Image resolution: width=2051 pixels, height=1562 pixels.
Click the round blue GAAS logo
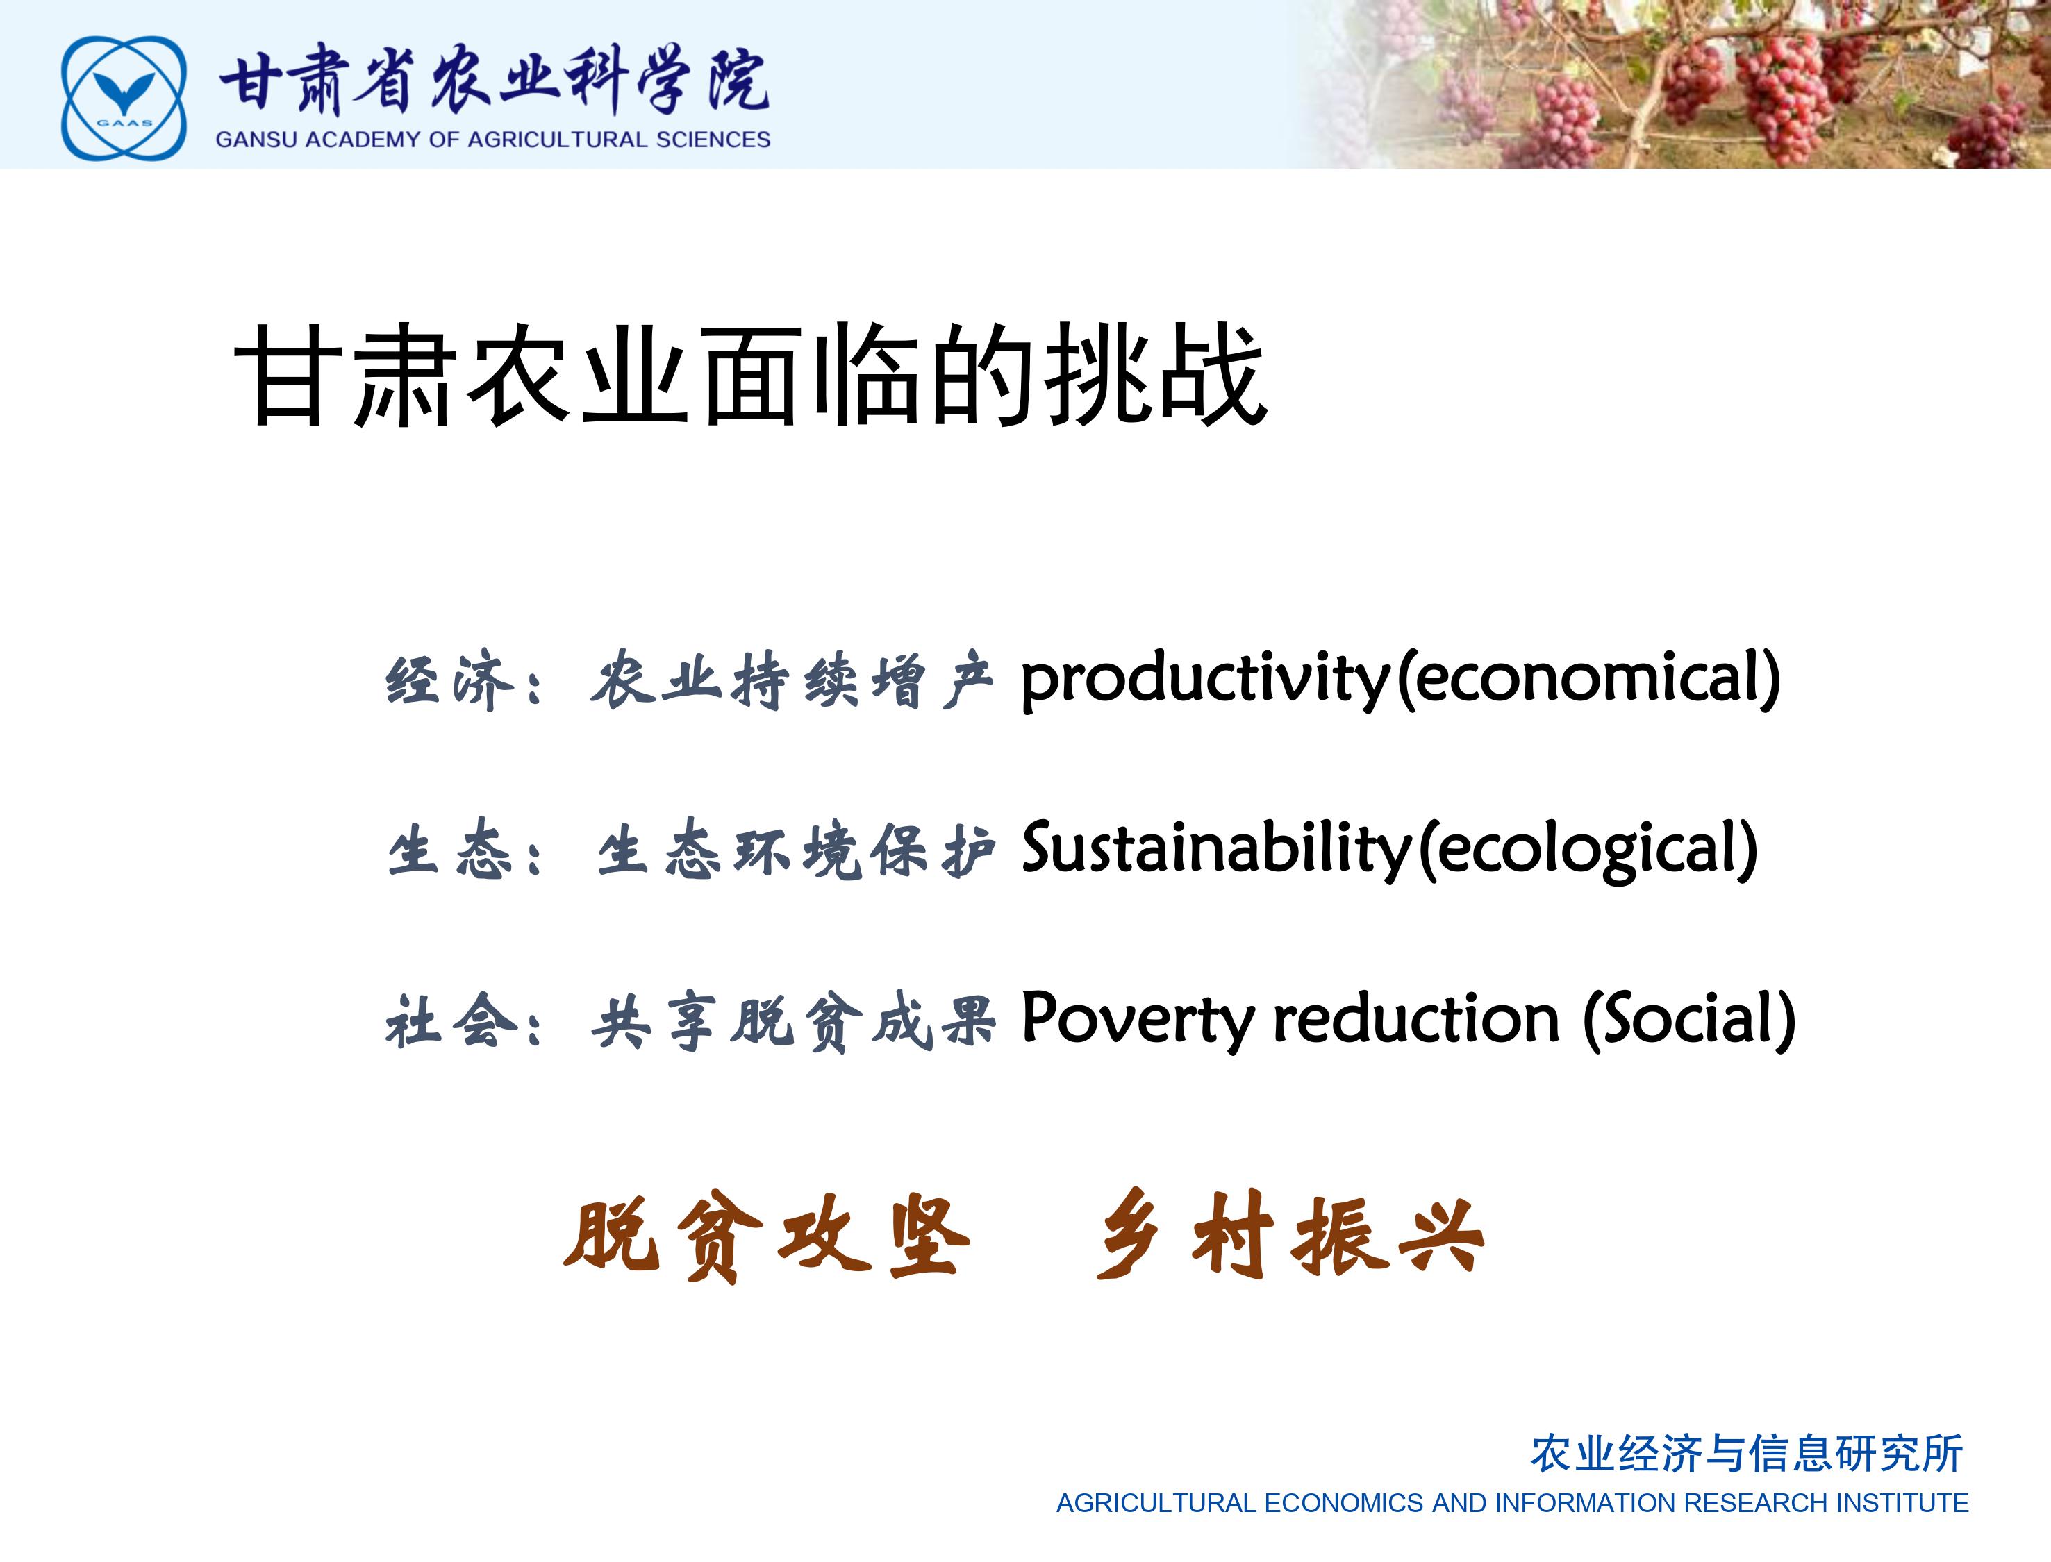[x=124, y=98]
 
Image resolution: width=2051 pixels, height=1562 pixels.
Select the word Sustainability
[x=1218, y=850]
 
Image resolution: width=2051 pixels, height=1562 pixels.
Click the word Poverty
[x=1138, y=1020]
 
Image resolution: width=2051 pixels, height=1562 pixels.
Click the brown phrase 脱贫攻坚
[x=767, y=1236]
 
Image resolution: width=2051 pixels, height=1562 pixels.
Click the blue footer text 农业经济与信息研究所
[x=1747, y=1453]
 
